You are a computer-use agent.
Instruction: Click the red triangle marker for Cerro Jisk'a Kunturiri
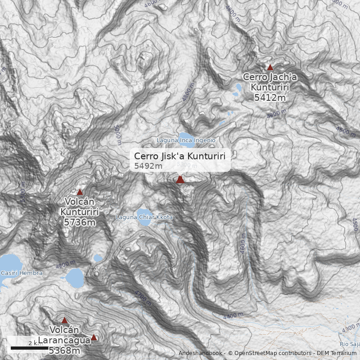(x=180, y=180)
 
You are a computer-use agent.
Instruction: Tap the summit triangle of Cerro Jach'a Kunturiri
(x=270, y=67)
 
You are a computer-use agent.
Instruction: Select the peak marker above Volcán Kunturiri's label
(x=80, y=192)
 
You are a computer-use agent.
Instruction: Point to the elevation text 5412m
(x=270, y=97)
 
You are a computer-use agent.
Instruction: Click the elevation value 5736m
(x=80, y=222)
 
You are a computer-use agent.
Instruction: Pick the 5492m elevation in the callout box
(x=148, y=166)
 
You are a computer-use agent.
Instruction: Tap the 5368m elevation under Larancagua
(x=64, y=351)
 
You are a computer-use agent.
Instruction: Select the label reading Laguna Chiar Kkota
(x=144, y=217)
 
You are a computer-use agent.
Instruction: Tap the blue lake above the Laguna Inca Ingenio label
(x=185, y=135)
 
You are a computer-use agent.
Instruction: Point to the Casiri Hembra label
(x=22, y=273)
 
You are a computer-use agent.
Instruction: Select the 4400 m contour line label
(x=233, y=316)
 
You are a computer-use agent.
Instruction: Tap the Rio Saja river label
(x=350, y=344)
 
